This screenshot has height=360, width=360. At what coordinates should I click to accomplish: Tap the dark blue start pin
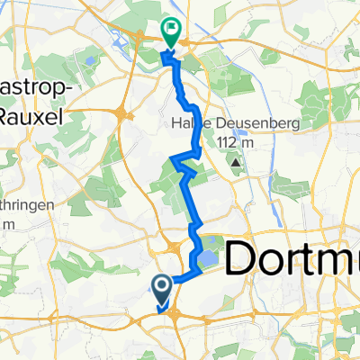coord(162,290)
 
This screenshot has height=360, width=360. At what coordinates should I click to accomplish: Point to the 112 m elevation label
coord(235,142)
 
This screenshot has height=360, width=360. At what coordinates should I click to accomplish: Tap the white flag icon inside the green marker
coord(170,29)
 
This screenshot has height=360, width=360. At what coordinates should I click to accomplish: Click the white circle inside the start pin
coord(162,286)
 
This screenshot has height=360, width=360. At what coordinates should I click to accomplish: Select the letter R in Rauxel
coord(4,115)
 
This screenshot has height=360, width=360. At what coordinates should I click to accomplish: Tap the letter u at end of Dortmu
coord(351,260)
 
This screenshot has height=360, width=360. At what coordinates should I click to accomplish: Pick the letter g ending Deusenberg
coord(256,125)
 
